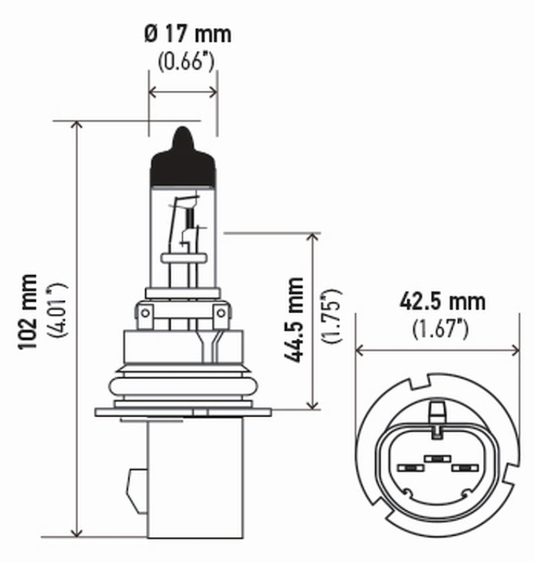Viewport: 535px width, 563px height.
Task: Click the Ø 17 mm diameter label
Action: pos(188,33)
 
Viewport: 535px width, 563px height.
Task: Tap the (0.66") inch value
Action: pos(185,62)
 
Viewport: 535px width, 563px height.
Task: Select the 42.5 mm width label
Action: pos(442,301)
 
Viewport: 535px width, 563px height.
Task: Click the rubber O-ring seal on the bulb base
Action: pos(183,386)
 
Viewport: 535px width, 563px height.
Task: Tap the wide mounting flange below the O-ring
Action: pos(183,411)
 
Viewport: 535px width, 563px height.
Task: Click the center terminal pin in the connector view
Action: pos(437,459)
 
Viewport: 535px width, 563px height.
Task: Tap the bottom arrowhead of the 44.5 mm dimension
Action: pos(313,403)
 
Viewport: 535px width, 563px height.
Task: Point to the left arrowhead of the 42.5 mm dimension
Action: pos(360,350)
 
